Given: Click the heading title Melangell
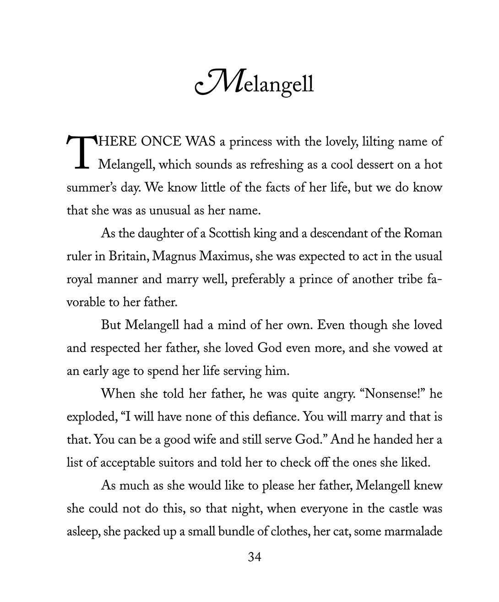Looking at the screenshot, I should (x=255, y=83).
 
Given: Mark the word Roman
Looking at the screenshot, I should (x=423, y=233).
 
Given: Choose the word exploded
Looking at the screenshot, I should (x=91, y=417).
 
